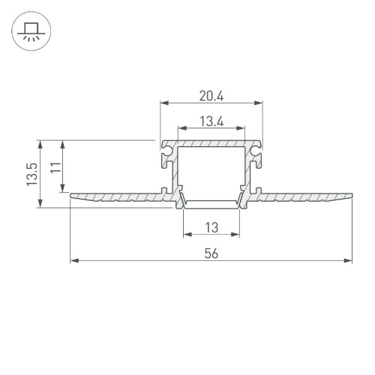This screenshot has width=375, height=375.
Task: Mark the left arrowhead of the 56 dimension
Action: (73, 261)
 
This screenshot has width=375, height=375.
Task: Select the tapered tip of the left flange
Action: (72, 196)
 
